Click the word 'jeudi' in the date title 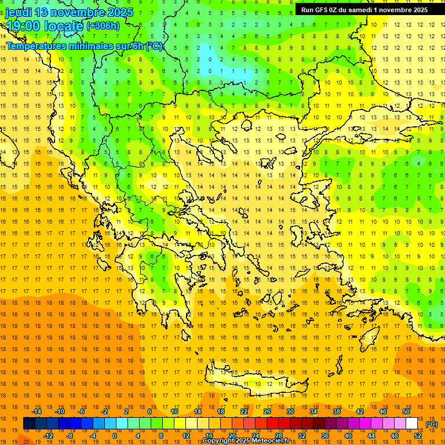click(19, 12)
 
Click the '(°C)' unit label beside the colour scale click(432, 424)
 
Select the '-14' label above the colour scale click(37, 411)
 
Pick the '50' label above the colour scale click(406, 411)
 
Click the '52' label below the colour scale click(418, 436)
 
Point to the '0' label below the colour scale click(114, 436)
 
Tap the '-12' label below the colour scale click(48, 436)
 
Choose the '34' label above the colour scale click(313, 411)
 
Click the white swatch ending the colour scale click(412, 424)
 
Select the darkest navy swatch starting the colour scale click(29, 424)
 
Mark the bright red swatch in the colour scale click(273, 424)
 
